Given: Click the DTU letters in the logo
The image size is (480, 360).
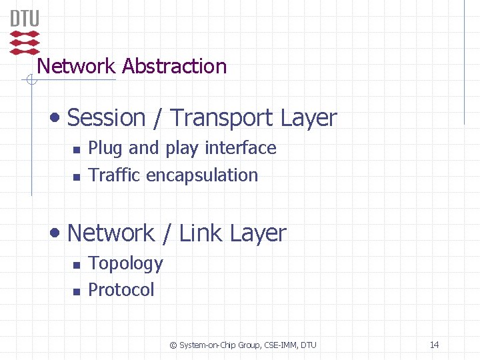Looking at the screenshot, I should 25,18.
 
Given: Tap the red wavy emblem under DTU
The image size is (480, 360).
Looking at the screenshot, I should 25,42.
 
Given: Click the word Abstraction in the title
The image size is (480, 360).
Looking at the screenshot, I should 175,67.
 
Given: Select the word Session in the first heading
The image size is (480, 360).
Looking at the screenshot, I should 107,118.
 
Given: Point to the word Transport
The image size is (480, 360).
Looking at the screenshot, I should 222,118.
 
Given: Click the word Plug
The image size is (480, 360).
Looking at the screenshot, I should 106,148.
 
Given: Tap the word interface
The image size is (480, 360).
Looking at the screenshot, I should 240,148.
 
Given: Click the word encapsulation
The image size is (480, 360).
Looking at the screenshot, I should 202,175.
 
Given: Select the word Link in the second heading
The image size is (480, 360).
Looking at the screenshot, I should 201,233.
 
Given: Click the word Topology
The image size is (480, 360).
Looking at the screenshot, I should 125,264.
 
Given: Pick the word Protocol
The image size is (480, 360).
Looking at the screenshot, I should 121,290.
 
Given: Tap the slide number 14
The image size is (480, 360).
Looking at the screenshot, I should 434,345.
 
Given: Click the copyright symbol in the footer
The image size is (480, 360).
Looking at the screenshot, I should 173,345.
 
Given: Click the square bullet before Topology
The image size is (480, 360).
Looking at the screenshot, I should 77,265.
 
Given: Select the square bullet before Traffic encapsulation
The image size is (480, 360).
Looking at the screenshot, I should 77,177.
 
